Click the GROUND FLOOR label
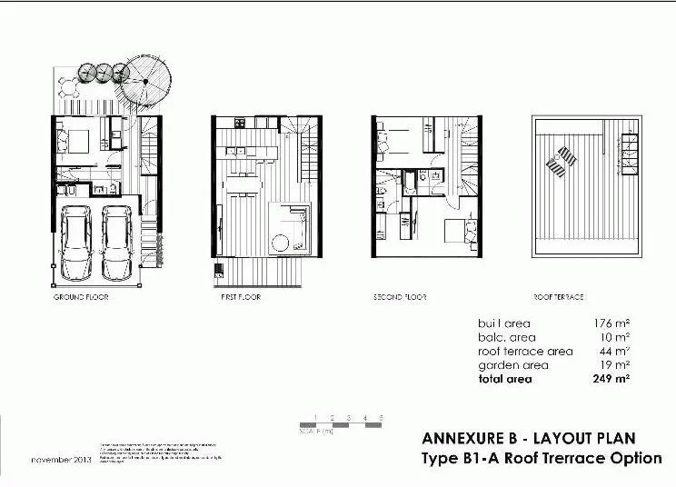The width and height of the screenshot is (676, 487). pyautogui.click(x=82, y=297)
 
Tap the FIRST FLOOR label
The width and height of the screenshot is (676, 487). pyautogui.click(x=240, y=297)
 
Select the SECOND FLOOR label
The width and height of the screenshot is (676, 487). pyautogui.click(x=400, y=297)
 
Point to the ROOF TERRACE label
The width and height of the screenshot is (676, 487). pyautogui.click(x=558, y=297)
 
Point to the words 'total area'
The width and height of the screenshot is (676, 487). pyautogui.click(x=505, y=379)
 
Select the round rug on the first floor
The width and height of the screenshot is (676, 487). pyautogui.click(x=281, y=242)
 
